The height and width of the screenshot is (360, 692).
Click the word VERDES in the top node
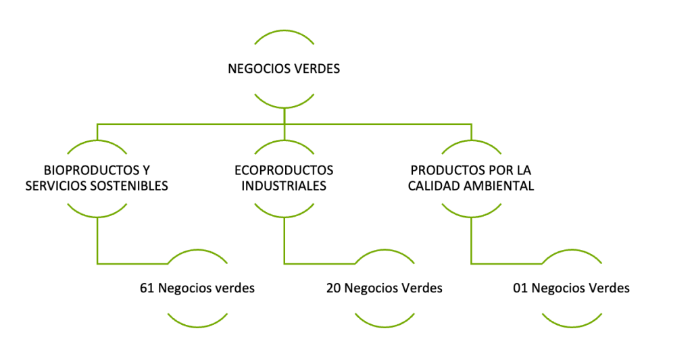(x=316, y=68)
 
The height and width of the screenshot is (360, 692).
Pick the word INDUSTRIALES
(x=284, y=186)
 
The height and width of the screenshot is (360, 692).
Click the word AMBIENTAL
(x=501, y=186)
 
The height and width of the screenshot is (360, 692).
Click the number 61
(x=147, y=288)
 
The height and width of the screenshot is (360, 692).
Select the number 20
(x=333, y=288)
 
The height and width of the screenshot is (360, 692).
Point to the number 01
(x=520, y=288)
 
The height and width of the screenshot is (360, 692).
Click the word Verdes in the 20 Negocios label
(x=422, y=288)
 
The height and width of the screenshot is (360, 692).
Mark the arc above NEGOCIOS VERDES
(x=284, y=32)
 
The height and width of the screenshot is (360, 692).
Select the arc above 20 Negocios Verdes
(x=384, y=253)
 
